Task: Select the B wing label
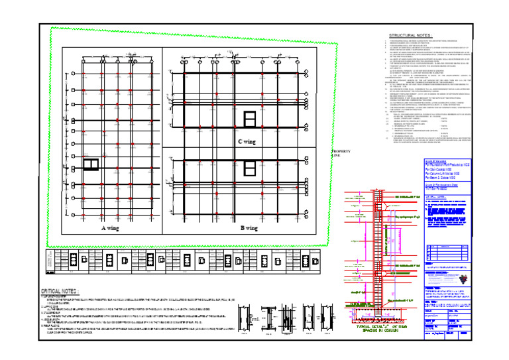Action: [x=249, y=227]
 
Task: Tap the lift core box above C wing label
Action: [x=250, y=119]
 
